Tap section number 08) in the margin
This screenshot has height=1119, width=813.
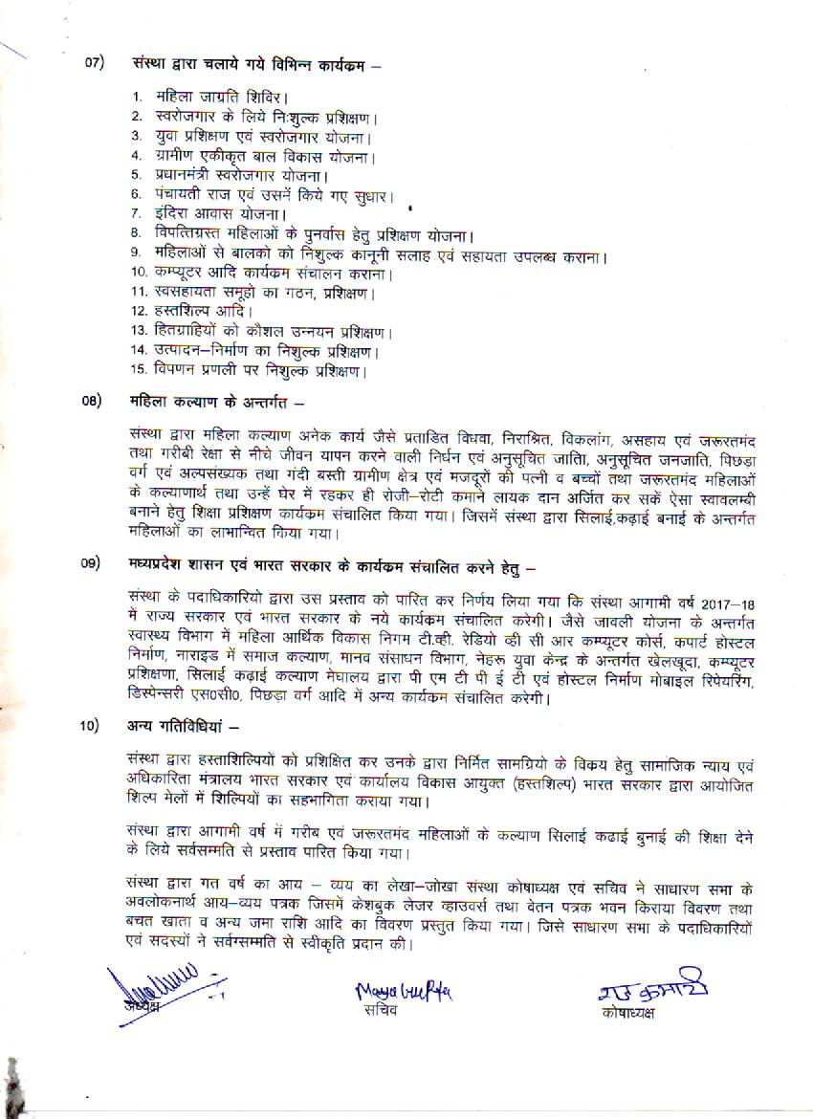91,400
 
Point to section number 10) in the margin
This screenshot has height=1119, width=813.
91,725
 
